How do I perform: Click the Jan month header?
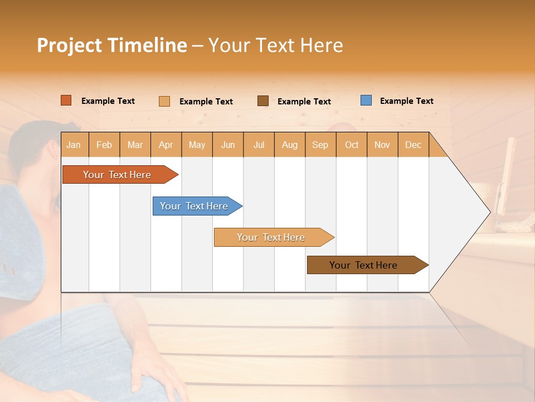[x=74, y=145]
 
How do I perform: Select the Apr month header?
[x=166, y=145]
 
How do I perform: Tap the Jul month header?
[x=259, y=145]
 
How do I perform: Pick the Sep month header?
[x=320, y=145]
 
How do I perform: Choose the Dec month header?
[x=413, y=145]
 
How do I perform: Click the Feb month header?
[x=104, y=145]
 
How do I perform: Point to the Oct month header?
[x=352, y=145]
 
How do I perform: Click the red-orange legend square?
[x=66, y=100]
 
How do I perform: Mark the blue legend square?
[x=366, y=100]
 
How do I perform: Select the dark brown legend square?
[x=263, y=100]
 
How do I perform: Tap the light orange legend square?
[x=164, y=101]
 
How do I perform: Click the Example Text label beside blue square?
[x=406, y=101]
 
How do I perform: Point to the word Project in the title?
[x=70, y=45]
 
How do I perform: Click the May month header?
[x=197, y=145]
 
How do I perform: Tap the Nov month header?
[x=382, y=145]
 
